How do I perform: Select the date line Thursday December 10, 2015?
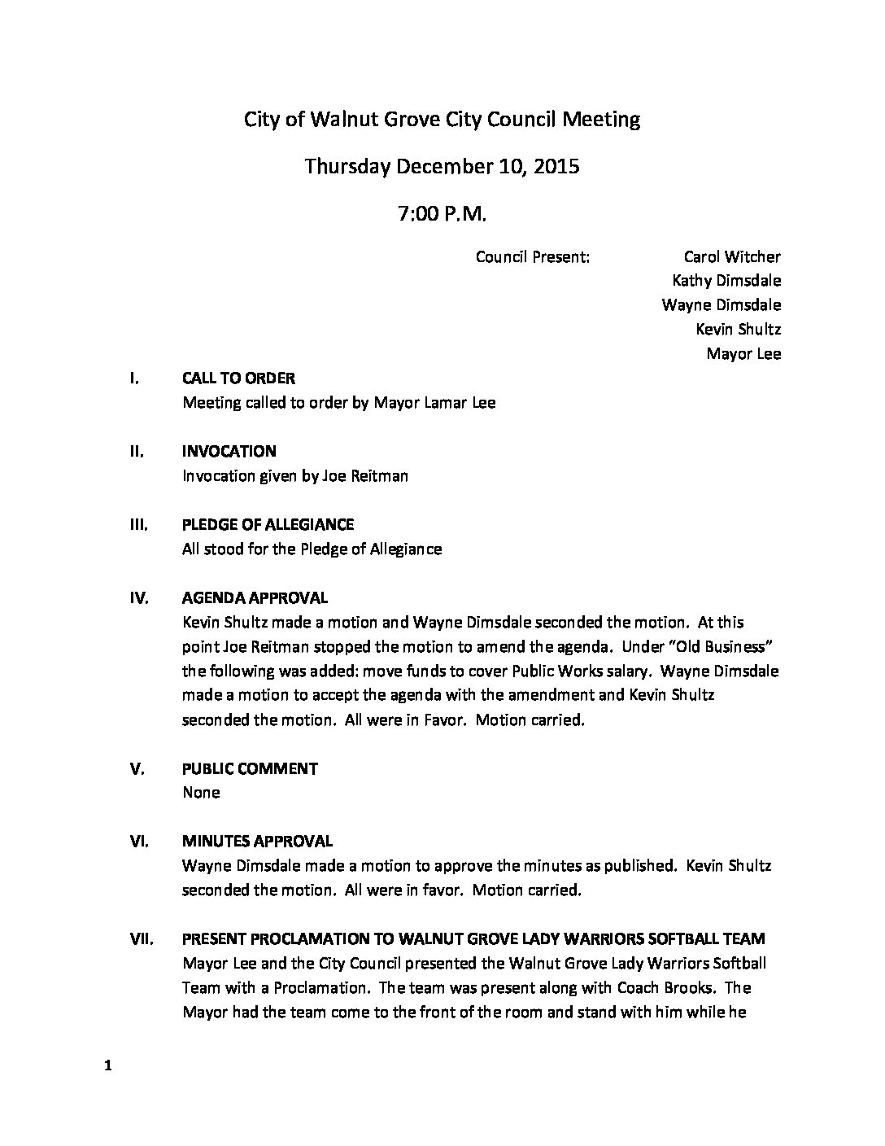pos(442,167)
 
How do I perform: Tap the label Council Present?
pos(532,257)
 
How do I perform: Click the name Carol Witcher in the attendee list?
pos(732,257)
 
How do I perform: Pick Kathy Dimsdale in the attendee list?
pos(726,281)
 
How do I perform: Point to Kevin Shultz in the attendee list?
pos(738,330)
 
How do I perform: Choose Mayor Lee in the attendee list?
pos(743,354)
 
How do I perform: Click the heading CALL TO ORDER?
pos(238,378)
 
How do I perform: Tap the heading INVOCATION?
pos(229,452)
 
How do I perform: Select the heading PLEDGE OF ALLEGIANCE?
pos(268,525)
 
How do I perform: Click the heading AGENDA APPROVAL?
pos(255,598)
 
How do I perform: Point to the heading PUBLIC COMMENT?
pos(250,768)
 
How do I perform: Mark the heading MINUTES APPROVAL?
pos(257,842)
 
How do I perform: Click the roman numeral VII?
pos(142,939)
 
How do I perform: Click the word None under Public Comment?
pos(201,793)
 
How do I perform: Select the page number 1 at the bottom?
pos(107,1067)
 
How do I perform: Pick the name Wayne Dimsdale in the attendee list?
pos(722,305)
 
